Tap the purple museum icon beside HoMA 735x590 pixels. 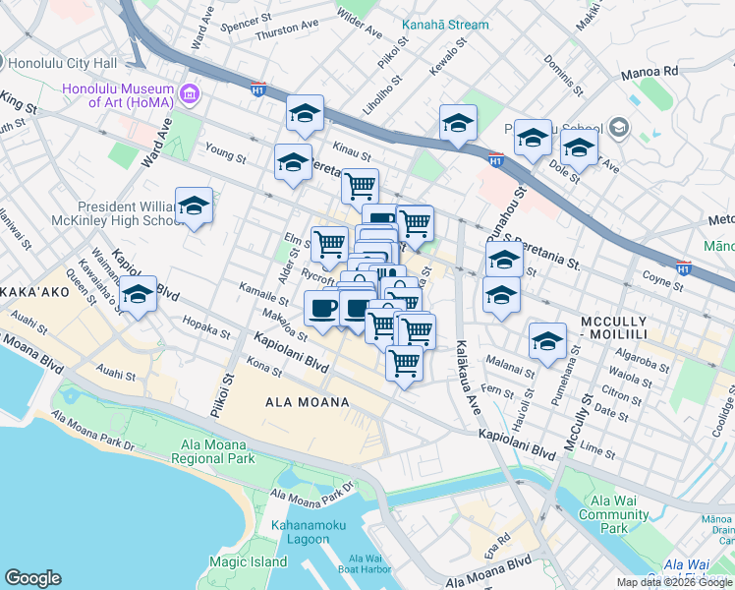[190, 94]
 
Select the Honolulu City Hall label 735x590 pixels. [63, 63]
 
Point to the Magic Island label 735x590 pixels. [248, 562]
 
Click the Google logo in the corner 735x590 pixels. [33, 578]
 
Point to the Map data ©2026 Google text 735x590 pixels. [674, 582]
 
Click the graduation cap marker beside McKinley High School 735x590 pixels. [194, 206]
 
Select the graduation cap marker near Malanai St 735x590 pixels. [547, 341]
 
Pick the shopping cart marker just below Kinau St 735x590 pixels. [360, 184]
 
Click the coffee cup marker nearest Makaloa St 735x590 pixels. [322, 309]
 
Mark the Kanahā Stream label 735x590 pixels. [442, 24]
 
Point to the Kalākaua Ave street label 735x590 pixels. [463, 374]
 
